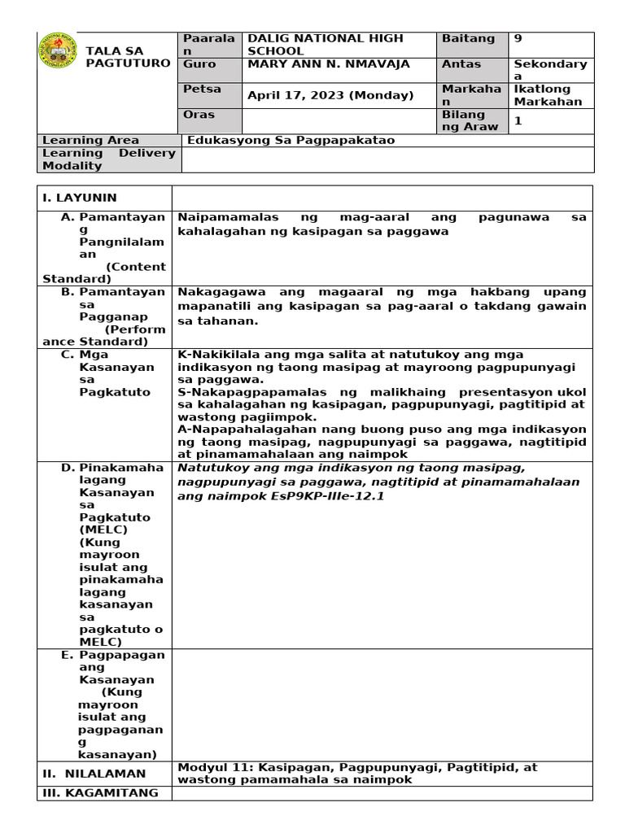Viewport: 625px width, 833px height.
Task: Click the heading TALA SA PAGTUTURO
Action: [x=128, y=57]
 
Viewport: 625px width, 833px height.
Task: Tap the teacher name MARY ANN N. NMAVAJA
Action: [x=328, y=64]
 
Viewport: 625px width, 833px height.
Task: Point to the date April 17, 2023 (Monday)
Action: [x=330, y=95]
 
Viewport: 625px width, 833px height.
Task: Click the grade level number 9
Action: [x=518, y=38]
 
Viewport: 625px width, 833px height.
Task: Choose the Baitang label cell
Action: [x=468, y=38]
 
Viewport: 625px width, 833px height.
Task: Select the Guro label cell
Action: [x=199, y=63]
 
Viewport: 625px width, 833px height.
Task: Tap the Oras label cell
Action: [x=199, y=115]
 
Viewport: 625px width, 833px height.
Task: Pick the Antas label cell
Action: [x=461, y=63]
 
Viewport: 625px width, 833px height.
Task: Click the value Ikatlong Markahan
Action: [x=549, y=95]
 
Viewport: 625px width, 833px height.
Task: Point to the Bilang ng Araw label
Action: [x=463, y=120]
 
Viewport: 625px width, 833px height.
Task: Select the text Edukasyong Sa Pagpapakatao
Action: [x=291, y=140]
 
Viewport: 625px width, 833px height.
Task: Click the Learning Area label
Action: [x=90, y=140]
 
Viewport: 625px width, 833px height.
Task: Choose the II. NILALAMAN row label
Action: [x=94, y=774]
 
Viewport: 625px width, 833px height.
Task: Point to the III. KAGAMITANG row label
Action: [x=101, y=793]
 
